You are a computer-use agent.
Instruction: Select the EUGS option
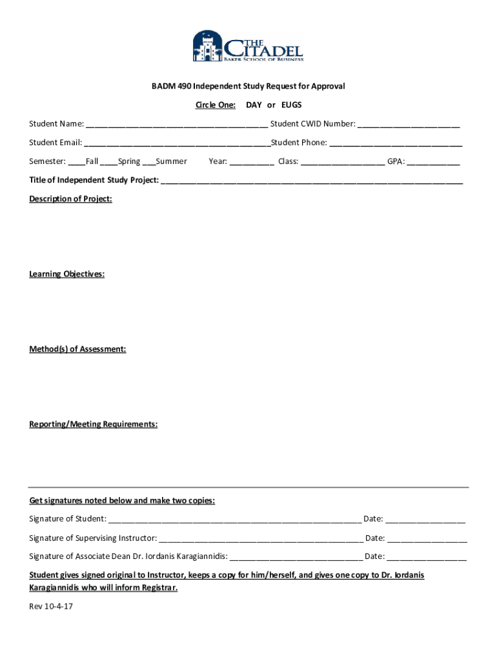coord(291,105)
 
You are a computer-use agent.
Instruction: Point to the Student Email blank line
coord(177,143)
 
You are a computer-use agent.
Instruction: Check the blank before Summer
coord(148,162)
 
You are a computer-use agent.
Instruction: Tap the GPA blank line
coord(433,162)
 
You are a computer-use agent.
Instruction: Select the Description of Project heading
coord(70,199)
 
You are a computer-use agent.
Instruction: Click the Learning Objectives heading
coord(66,274)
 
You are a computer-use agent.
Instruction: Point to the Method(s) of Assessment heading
coord(77,349)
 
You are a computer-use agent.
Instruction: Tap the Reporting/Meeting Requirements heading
coord(93,424)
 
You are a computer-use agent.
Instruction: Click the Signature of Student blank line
coord(234,520)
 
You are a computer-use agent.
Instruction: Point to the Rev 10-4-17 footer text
coord(51,607)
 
